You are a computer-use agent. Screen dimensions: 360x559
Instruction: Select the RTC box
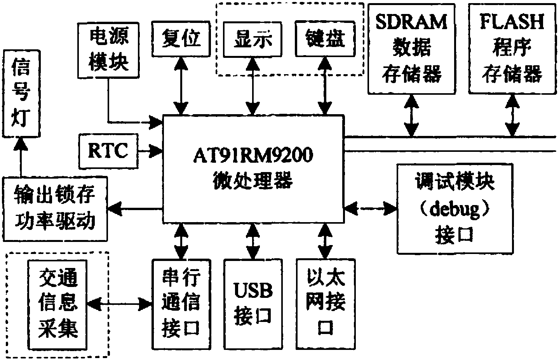click(x=108, y=151)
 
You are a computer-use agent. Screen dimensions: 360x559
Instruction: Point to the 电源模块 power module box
click(x=109, y=50)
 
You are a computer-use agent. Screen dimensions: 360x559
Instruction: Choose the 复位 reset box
click(x=181, y=39)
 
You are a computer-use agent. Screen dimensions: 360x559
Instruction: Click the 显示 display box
click(x=253, y=39)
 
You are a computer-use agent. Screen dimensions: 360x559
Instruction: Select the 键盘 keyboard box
click(x=325, y=39)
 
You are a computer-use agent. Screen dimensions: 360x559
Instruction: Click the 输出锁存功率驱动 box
click(x=54, y=209)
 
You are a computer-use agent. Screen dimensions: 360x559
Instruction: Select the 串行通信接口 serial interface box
click(x=181, y=304)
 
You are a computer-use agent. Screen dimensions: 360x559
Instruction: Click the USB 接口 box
click(x=253, y=304)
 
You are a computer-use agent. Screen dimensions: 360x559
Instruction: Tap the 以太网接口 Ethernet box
click(x=325, y=304)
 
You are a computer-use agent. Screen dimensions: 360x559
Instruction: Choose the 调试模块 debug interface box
click(x=455, y=209)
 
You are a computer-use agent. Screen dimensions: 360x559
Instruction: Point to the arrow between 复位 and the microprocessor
click(x=181, y=85)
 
